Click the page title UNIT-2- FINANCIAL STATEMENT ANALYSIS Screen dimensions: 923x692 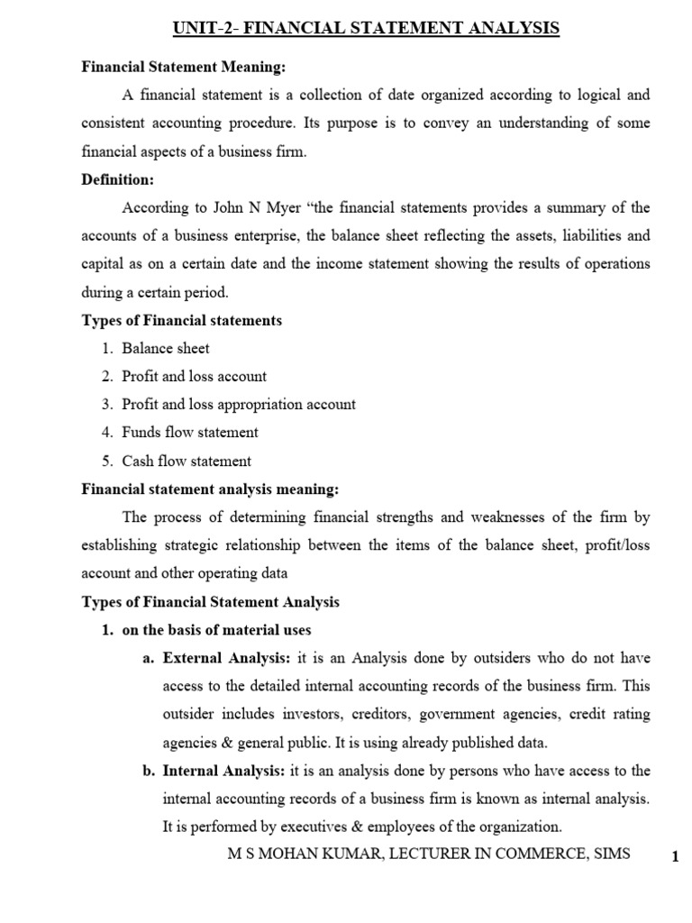(366, 30)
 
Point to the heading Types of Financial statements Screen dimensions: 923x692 (182, 321)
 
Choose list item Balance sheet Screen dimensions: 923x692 (166, 349)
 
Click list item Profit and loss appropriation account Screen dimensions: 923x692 (239, 405)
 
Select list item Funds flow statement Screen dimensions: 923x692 (190, 433)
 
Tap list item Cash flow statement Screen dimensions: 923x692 (187, 461)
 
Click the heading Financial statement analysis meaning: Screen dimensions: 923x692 (210, 489)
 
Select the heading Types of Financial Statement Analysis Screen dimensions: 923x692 (211, 601)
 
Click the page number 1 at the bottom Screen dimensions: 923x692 (674, 857)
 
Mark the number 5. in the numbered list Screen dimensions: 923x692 (106, 461)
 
